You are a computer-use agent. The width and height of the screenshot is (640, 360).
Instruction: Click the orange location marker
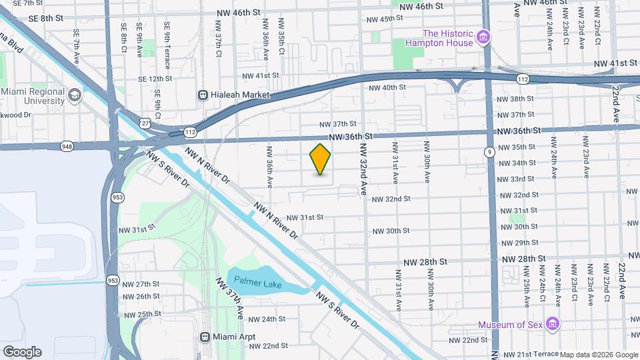320,159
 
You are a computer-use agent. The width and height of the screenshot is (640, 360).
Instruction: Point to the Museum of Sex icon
552,325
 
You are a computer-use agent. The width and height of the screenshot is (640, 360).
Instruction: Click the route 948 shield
67,145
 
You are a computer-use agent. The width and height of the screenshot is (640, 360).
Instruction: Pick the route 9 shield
490,152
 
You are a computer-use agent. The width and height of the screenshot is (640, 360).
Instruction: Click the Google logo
22,351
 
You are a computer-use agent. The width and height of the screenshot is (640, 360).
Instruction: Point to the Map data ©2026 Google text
599,355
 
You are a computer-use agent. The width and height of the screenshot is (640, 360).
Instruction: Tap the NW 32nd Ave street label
364,169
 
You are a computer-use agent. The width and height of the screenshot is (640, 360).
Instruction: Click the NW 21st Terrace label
529,354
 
